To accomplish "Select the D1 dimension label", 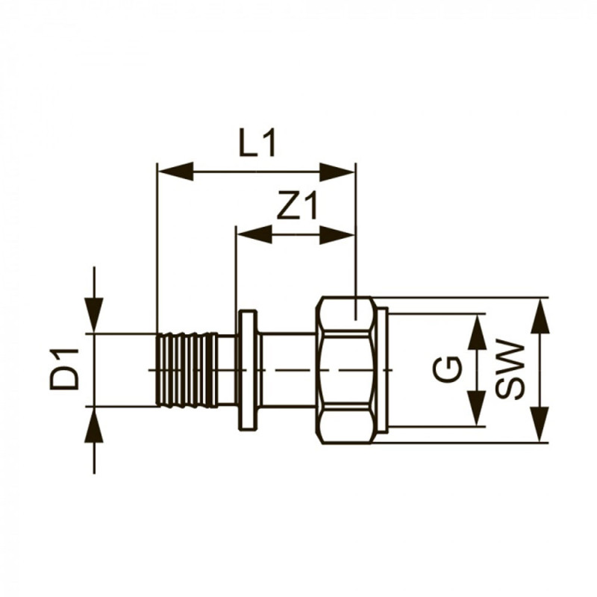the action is pyautogui.click(x=64, y=369).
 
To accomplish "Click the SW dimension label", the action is pyautogui.click(x=510, y=369).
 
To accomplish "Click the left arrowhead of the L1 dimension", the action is pyautogui.click(x=175, y=172).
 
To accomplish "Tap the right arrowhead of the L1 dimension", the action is pyautogui.click(x=337, y=172).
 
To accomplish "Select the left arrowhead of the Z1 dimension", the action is pyautogui.click(x=254, y=234).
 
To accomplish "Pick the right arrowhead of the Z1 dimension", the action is pyautogui.click(x=337, y=234).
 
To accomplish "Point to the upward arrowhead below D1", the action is pyautogui.click(x=94, y=425).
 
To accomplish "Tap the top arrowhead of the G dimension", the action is pyautogui.click(x=477, y=331).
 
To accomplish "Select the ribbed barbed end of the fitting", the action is pyautogui.click(x=186, y=369).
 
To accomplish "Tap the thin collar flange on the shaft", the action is pyautogui.click(x=249, y=370).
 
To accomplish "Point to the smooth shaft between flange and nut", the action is pyautogui.click(x=290, y=369).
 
